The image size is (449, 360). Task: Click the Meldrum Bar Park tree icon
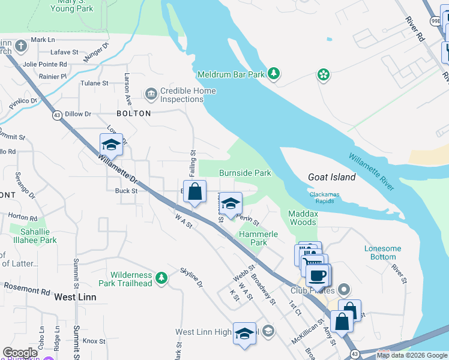click(274, 73)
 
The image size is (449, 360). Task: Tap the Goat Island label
click(332, 177)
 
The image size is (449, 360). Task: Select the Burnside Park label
click(245, 173)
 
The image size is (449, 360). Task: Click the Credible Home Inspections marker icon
click(150, 93)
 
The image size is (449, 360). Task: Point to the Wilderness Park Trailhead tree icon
click(161, 278)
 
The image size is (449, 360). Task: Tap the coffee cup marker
click(318, 275)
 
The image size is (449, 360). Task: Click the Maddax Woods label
click(303, 218)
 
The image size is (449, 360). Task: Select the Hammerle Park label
click(259, 238)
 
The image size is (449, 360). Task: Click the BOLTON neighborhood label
click(134, 113)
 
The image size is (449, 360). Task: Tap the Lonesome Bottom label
click(382, 253)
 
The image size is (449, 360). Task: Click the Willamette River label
click(372, 172)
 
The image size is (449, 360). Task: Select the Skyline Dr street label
click(191, 276)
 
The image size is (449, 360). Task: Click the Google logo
click(20, 353)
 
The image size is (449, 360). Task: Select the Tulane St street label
click(94, 83)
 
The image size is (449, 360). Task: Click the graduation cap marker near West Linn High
click(244, 334)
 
